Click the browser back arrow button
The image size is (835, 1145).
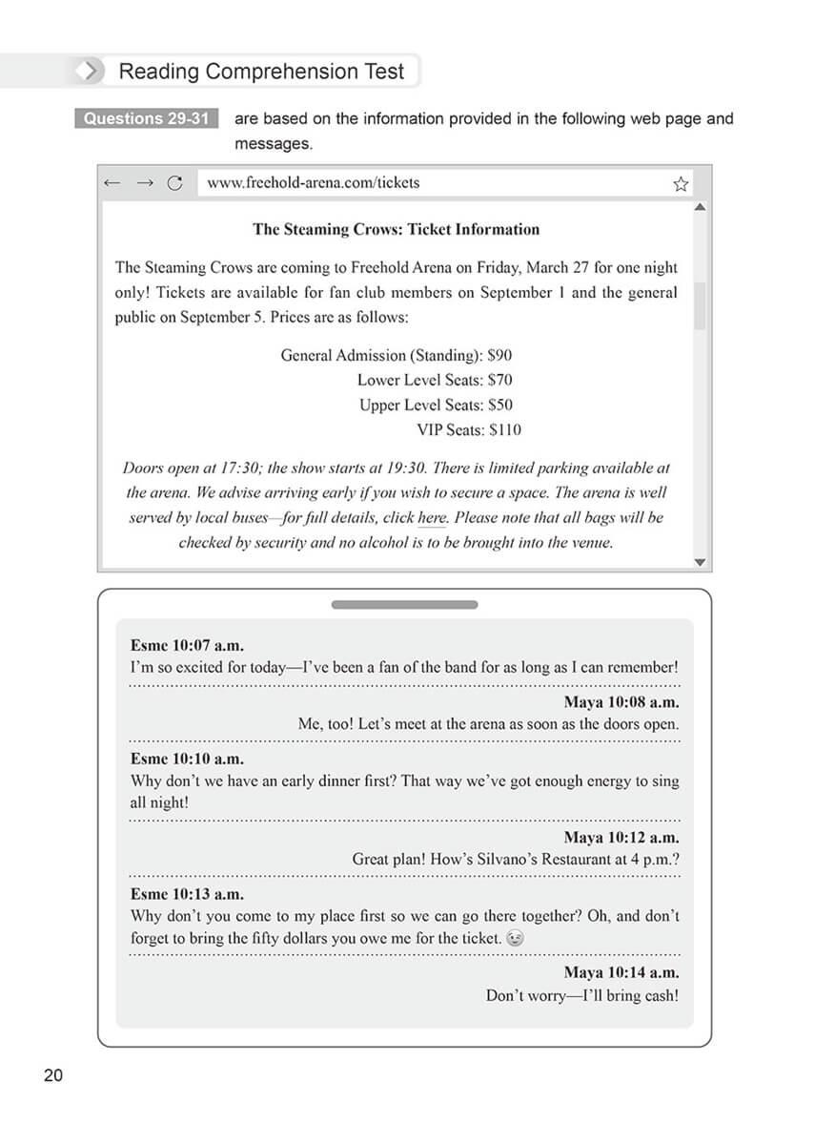point(112,183)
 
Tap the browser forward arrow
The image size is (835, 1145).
point(144,183)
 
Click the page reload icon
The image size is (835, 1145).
point(174,183)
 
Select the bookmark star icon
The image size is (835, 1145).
point(681,184)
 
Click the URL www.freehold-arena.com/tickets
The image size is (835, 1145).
point(313,182)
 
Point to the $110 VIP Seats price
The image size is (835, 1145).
point(504,429)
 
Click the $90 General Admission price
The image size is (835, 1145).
point(499,355)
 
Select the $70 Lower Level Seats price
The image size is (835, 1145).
point(499,380)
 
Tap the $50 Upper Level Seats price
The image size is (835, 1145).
point(499,405)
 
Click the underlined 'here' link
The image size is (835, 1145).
point(432,518)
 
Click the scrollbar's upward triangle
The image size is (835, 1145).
point(701,206)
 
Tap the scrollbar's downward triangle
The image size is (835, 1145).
point(701,562)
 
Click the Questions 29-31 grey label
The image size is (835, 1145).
point(146,119)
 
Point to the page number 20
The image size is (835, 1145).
point(53,1075)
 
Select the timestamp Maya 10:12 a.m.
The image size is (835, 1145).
point(621,838)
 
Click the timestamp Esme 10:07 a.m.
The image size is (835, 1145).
point(187,646)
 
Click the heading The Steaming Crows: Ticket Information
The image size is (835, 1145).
point(396,229)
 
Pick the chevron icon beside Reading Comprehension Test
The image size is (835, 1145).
point(89,72)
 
